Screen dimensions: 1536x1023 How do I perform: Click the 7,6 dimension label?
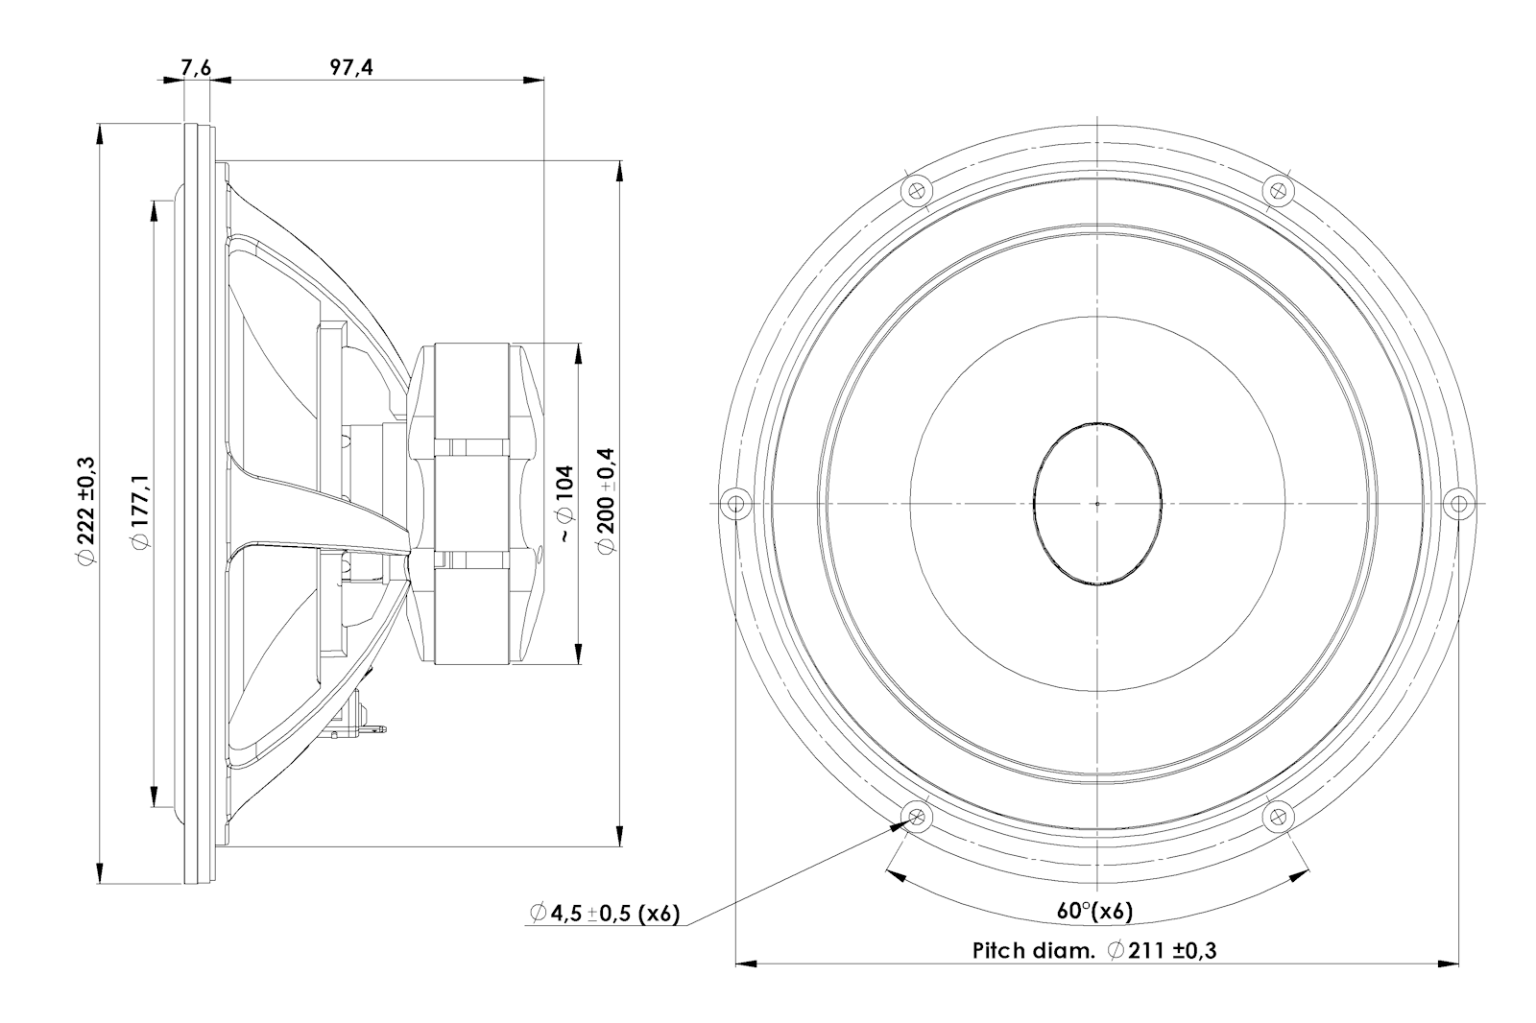click(x=196, y=68)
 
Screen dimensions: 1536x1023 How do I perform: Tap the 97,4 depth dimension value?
click(x=351, y=67)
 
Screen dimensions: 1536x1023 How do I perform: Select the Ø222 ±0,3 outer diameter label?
click(x=86, y=511)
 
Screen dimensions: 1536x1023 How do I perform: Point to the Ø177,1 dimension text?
click(x=140, y=511)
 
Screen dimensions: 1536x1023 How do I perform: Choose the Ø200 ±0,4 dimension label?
click(x=606, y=503)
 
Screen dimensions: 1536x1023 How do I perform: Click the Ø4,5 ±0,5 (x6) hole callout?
click(x=605, y=914)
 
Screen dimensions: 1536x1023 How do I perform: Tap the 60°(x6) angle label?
click(x=1095, y=912)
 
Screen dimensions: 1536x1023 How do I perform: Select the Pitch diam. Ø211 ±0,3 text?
click(x=1094, y=951)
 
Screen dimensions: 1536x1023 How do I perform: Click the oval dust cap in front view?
click(x=1097, y=504)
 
